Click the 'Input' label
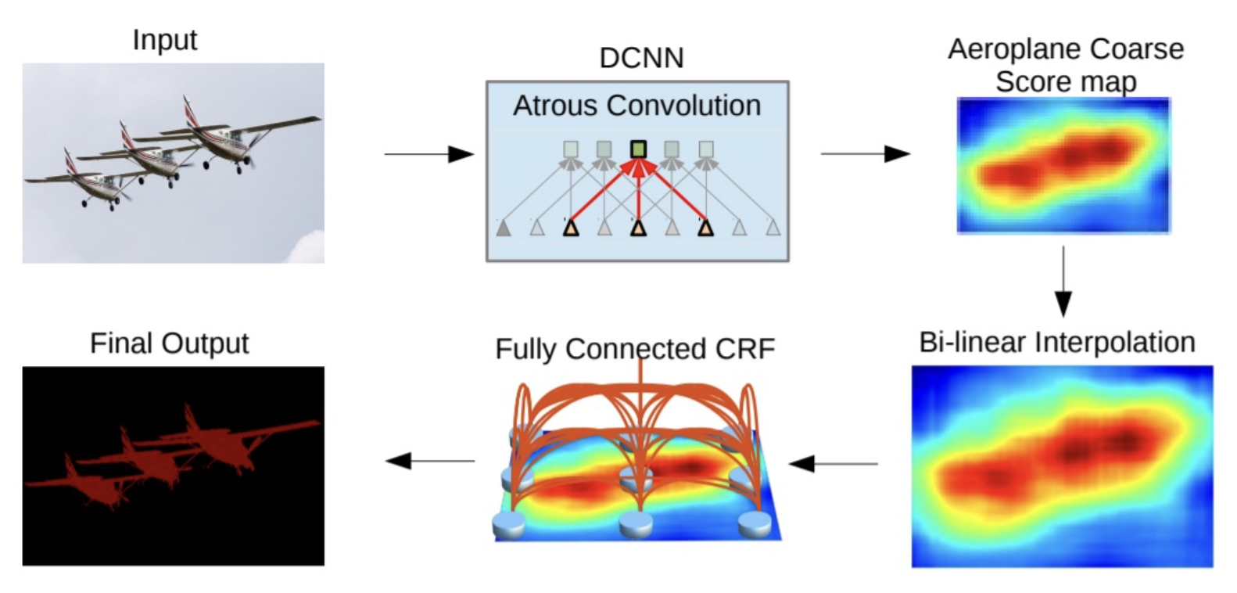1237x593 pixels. [x=164, y=39]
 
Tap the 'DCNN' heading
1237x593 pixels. [x=641, y=58]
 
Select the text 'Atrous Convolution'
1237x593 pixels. [x=636, y=106]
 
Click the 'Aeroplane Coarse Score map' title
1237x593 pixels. [x=1066, y=64]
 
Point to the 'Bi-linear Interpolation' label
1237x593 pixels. [x=1056, y=342]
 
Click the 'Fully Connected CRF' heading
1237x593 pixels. [x=635, y=348]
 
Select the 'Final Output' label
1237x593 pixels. [x=169, y=343]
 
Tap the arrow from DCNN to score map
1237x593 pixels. [x=865, y=154]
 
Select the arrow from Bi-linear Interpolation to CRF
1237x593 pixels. [x=834, y=464]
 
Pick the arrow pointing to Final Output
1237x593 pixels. [x=430, y=461]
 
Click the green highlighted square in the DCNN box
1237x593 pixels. [x=639, y=148]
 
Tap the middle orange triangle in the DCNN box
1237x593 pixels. [x=639, y=228]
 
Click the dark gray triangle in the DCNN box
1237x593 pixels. [x=504, y=228]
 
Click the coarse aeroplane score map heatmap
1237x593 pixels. [x=1063, y=165]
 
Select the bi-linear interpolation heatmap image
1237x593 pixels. [x=1062, y=466]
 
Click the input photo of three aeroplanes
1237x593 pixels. [x=173, y=163]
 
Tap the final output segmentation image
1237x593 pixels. [x=173, y=465]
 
